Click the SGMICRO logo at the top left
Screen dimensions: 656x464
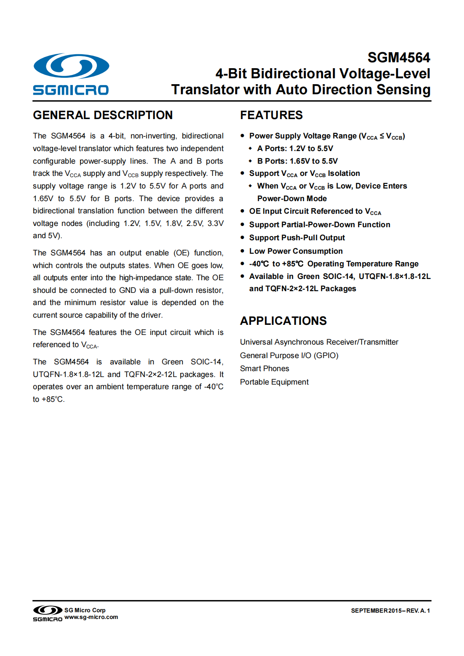tap(71, 74)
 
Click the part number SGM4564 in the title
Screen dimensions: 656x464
tap(398, 58)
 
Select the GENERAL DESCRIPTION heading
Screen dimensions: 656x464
tap(103, 115)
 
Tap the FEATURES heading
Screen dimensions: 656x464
tap(271, 115)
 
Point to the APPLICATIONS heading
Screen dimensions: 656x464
tap(283, 321)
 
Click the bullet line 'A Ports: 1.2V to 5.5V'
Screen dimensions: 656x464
tap(295, 149)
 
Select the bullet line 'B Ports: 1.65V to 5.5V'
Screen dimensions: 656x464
tap(297, 161)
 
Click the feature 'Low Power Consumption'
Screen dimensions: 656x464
tap(296, 251)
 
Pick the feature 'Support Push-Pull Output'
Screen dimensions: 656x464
tap(297, 238)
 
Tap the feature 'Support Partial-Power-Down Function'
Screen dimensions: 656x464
tap(320, 225)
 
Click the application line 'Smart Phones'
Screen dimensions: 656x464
tap(264, 369)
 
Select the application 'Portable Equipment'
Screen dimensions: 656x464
tap(274, 382)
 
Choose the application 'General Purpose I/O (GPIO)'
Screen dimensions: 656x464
tap(289, 356)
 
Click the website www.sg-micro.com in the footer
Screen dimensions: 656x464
tap(91, 617)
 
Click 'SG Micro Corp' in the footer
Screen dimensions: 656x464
tap(85, 610)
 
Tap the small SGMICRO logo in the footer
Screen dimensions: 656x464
tap(48, 614)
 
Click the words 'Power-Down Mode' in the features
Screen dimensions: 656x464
tap(292, 199)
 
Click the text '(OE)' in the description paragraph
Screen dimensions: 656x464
tap(181, 253)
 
